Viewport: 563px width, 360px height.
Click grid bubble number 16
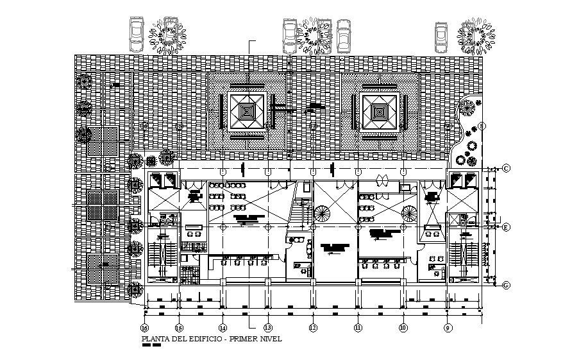click(x=145, y=328)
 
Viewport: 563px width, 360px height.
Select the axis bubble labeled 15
click(x=179, y=328)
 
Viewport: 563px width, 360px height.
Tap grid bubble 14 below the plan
click(x=223, y=328)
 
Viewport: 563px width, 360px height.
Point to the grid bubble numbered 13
click(x=267, y=328)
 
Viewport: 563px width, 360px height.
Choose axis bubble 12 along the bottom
click(x=313, y=328)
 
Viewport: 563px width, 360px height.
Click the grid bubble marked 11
click(x=358, y=328)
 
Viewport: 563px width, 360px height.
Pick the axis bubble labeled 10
click(x=403, y=328)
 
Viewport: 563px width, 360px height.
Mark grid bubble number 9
click(x=448, y=328)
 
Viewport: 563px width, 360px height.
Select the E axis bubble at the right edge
click(x=506, y=227)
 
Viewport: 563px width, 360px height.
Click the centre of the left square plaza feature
click(x=247, y=112)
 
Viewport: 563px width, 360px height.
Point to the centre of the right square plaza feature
click(x=380, y=112)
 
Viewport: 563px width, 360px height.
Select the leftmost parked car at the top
click(x=137, y=34)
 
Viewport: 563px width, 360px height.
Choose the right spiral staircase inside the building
click(x=409, y=212)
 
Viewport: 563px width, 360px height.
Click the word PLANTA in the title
click(x=154, y=339)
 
